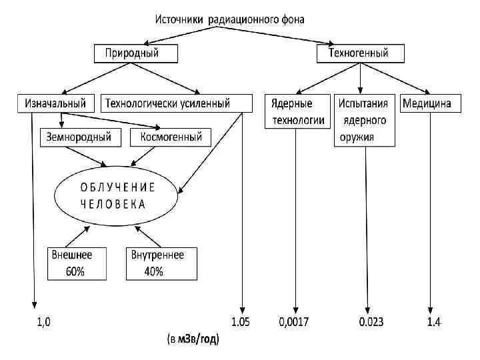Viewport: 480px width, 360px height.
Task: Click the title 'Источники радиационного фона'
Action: click(x=230, y=19)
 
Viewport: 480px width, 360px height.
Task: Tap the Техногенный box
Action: click(x=358, y=53)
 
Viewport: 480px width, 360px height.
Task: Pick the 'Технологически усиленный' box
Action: click(x=177, y=103)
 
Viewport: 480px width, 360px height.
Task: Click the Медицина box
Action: click(x=426, y=103)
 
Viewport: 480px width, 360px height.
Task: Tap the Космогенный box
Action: click(x=171, y=137)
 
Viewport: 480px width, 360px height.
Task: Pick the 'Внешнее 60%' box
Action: click(x=77, y=263)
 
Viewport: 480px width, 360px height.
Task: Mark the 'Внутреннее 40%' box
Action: click(x=162, y=263)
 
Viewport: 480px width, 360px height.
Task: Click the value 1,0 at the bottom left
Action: click(x=43, y=323)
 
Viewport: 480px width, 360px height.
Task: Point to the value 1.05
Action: click(x=241, y=323)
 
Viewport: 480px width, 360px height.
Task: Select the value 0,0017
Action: click(x=294, y=323)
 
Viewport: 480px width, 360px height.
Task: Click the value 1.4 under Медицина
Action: click(x=433, y=323)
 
